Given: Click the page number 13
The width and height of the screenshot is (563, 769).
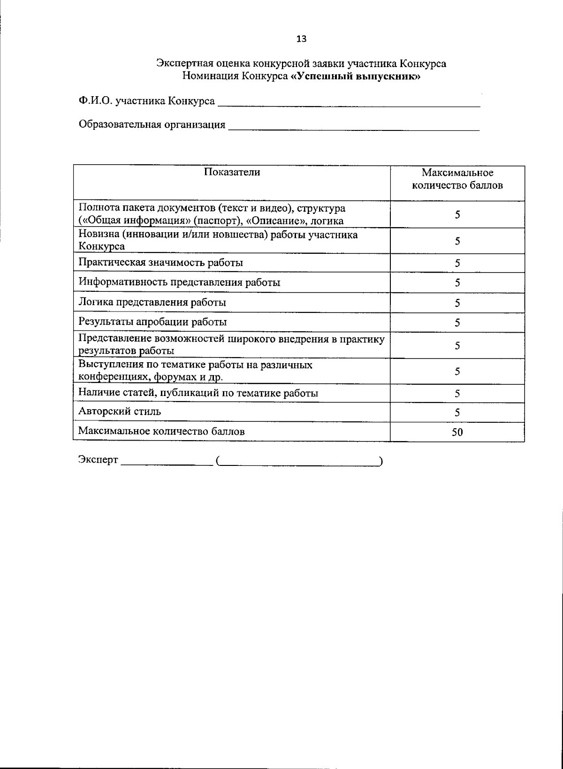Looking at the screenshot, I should [x=301, y=39].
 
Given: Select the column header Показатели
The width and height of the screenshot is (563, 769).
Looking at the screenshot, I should [x=232, y=172].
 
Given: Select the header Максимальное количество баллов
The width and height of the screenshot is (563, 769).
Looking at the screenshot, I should [x=457, y=179].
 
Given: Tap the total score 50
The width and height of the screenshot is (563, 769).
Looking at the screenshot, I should [x=457, y=433].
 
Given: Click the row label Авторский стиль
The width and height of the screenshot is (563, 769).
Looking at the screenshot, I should [x=120, y=411].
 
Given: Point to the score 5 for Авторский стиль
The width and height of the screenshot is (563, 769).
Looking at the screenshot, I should [x=457, y=413].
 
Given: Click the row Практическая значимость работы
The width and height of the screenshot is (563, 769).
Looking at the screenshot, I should [x=161, y=262].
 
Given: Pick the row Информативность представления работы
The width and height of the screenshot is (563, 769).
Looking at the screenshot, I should [x=180, y=282].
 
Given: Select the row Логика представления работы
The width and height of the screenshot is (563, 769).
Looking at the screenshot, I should [x=152, y=302].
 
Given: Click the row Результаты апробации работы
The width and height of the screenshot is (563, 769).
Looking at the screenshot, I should [x=152, y=322].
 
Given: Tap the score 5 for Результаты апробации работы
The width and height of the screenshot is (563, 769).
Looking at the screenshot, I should [x=457, y=323].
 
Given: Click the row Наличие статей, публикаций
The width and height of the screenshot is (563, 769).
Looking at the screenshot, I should [x=198, y=393].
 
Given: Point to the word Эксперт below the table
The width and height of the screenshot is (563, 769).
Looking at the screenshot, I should [x=98, y=460].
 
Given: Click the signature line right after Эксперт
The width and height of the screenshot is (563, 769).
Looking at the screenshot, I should [x=167, y=464].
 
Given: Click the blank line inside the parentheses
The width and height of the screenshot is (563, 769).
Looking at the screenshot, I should [x=299, y=464].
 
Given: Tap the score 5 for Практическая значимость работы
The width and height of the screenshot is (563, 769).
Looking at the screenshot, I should [x=457, y=263].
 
